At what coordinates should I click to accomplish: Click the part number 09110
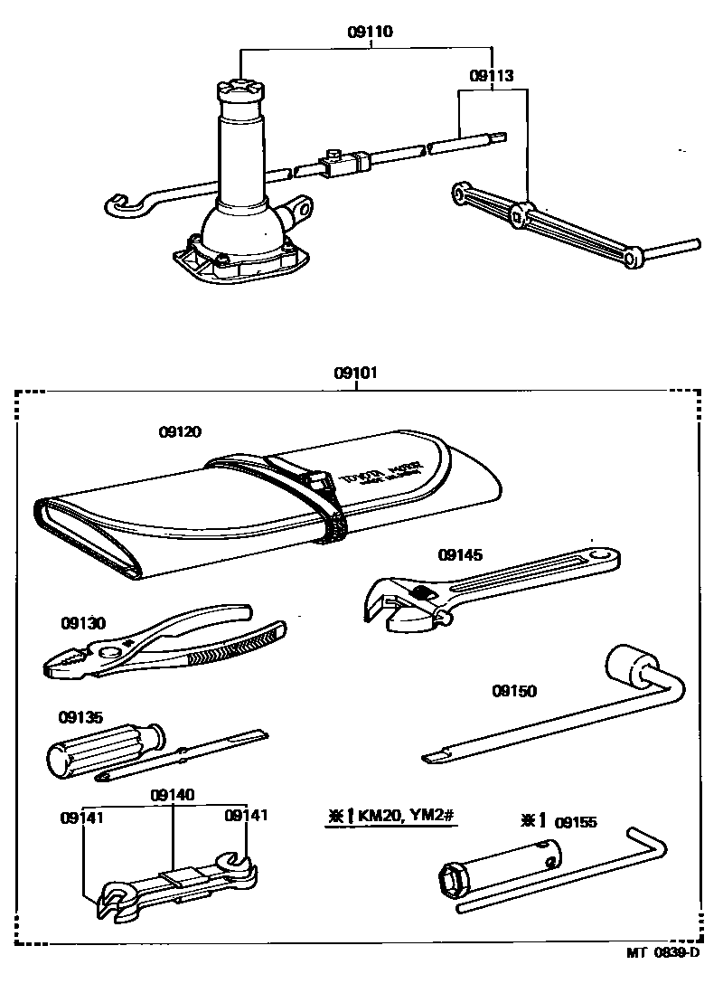click(x=371, y=32)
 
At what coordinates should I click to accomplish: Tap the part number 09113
click(x=492, y=77)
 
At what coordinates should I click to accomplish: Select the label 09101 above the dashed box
click(x=355, y=373)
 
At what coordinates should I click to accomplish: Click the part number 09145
click(x=461, y=554)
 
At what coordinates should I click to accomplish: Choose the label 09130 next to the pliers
click(x=83, y=623)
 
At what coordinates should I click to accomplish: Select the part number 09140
click(x=173, y=795)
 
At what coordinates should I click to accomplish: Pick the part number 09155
click(x=576, y=822)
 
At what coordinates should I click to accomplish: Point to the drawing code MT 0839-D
click(x=664, y=952)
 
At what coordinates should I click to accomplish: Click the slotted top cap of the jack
click(x=240, y=90)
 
